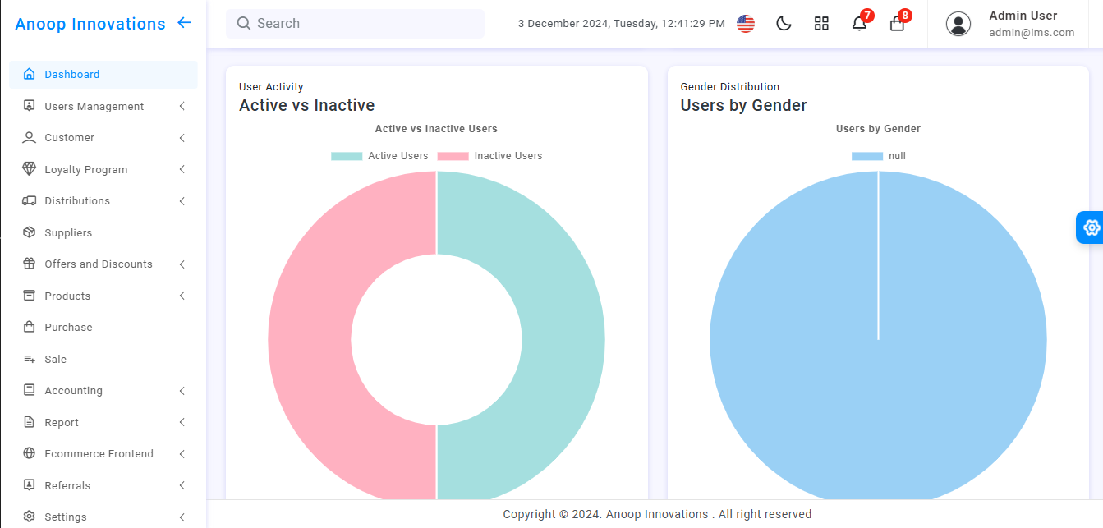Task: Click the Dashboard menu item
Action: click(x=72, y=75)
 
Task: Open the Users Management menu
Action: click(x=94, y=107)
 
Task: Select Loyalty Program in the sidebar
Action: click(x=85, y=170)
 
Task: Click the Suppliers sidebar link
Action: click(x=68, y=233)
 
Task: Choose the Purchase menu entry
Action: click(x=68, y=328)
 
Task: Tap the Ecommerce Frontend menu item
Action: click(x=99, y=454)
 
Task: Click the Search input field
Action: click(x=361, y=24)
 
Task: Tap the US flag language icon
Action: click(x=746, y=24)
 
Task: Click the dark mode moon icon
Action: click(x=784, y=24)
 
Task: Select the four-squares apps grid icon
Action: click(x=821, y=24)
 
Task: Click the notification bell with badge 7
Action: click(x=859, y=24)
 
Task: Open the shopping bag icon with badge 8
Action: click(x=897, y=24)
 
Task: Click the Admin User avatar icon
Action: click(x=958, y=24)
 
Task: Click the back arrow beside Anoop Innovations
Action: click(x=185, y=23)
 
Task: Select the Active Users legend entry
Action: click(x=380, y=156)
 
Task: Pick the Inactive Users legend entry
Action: click(x=490, y=156)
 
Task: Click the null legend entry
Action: click(x=879, y=156)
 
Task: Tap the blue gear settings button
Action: click(x=1091, y=227)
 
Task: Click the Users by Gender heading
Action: click(x=743, y=105)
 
